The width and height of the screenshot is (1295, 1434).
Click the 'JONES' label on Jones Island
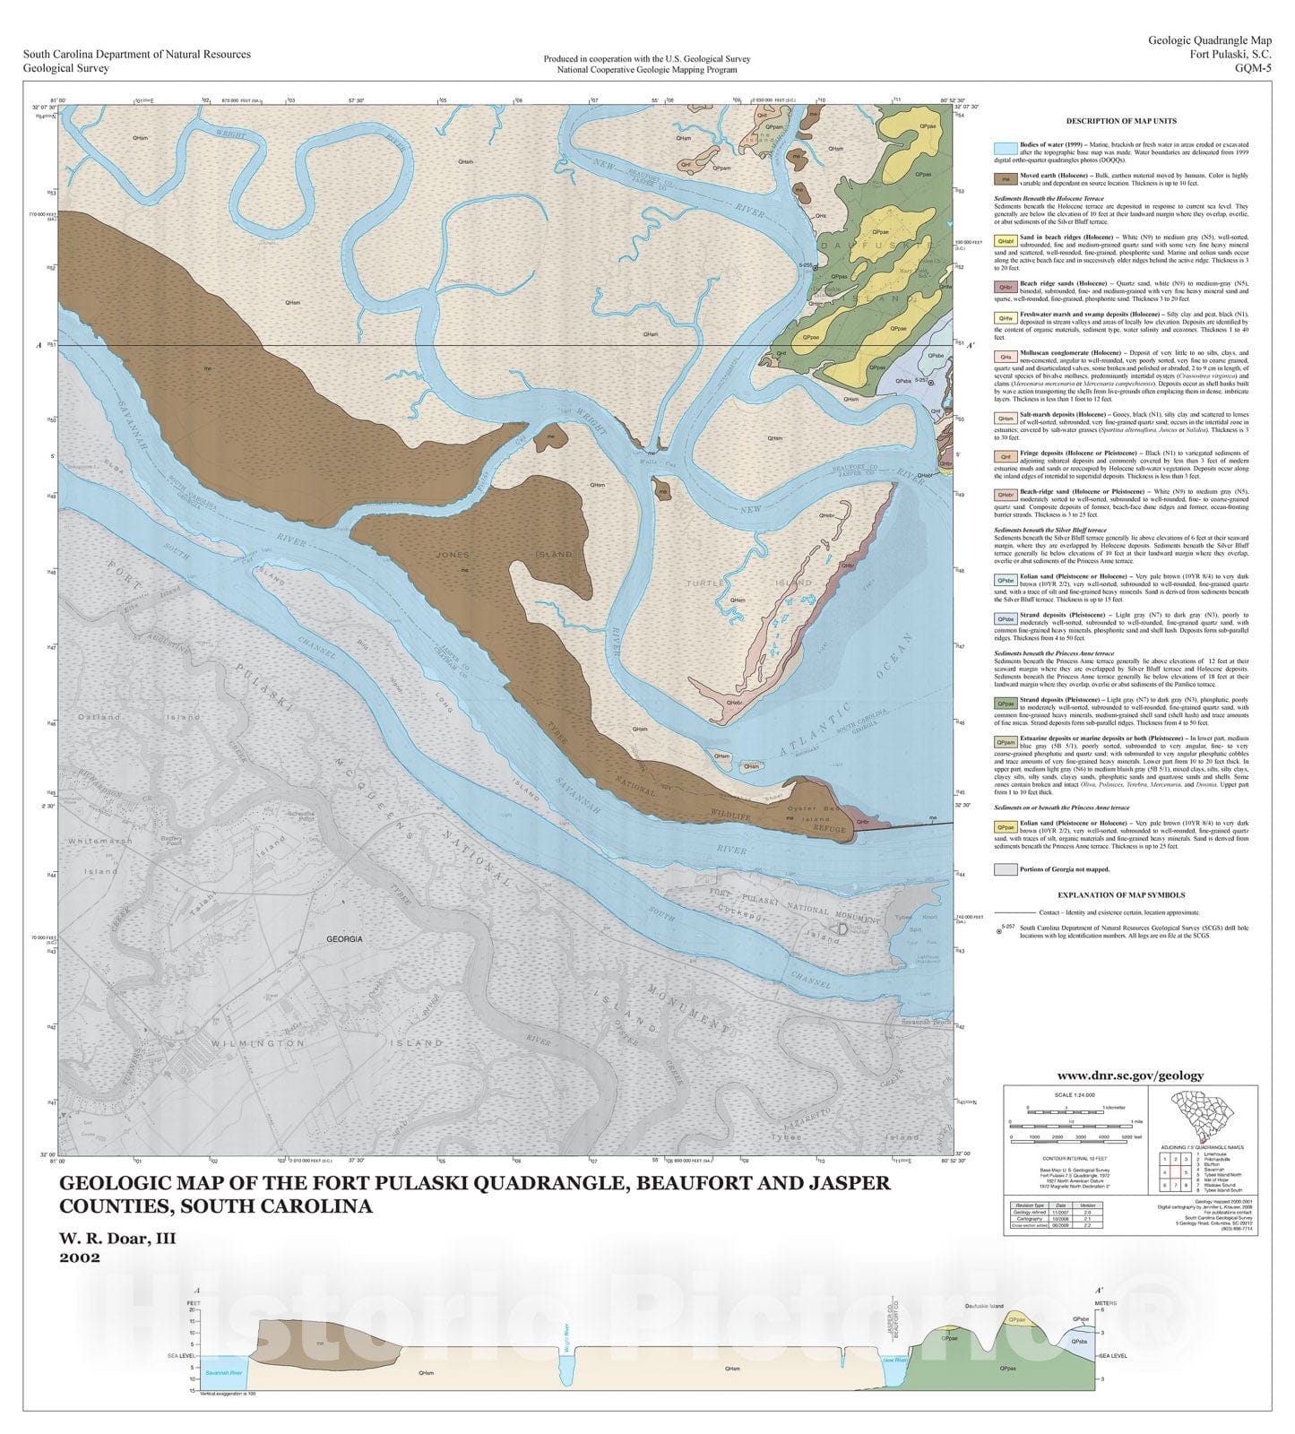point(453,555)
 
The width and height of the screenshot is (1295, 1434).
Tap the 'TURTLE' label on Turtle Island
point(705,583)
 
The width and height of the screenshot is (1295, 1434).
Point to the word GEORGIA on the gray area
point(344,939)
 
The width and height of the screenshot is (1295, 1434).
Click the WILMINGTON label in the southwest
point(246,1043)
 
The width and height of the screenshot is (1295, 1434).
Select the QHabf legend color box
point(1006,240)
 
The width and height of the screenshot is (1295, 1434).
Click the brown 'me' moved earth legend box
point(1006,178)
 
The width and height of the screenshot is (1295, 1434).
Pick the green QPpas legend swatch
point(1006,704)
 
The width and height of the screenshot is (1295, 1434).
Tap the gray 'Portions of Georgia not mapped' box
point(1006,868)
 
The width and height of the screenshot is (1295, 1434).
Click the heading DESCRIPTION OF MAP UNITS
point(1121,121)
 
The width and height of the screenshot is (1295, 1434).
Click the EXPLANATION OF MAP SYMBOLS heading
point(1121,894)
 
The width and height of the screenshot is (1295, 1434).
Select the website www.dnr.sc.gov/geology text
point(1130,1075)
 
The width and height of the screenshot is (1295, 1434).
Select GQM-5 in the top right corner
point(1252,67)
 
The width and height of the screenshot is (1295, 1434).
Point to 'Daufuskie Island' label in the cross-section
point(984,1307)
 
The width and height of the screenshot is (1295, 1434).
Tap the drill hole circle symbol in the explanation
point(1000,932)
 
